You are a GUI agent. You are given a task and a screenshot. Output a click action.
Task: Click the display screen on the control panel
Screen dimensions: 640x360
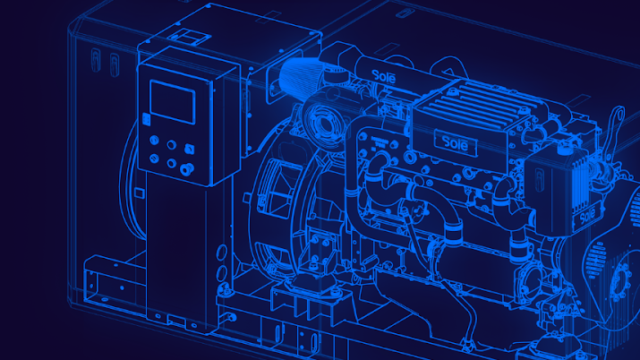click(172, 101)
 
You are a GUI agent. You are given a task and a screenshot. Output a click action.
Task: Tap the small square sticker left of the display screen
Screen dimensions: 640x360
click(146, 119)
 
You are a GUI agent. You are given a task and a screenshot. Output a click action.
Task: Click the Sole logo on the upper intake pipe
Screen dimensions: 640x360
click(384, 76)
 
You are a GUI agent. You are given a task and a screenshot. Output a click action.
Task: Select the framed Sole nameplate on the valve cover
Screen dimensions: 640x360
click(456, 142)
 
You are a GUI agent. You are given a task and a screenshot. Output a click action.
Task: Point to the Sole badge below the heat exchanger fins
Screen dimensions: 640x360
click(587, 215)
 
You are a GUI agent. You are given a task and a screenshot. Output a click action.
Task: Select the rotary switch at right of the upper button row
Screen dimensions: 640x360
click(190, 148)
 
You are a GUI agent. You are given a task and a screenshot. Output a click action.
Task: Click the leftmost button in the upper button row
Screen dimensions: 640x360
click(154, 140)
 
